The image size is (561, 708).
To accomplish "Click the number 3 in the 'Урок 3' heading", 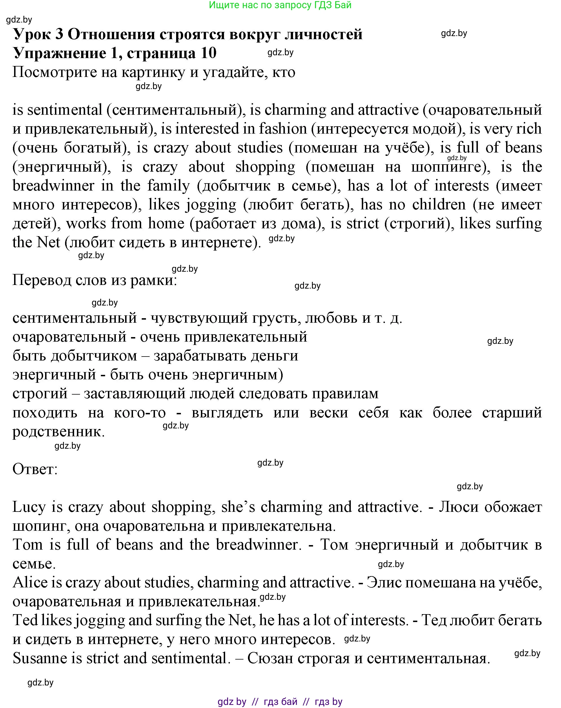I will click(x=59, y=34).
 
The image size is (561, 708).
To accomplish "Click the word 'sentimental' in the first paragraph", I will click(x=65, y=110).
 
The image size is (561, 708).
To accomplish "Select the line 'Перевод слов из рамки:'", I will click(x=95, y=280).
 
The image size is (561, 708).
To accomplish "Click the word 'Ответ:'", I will click(x=35, y=469).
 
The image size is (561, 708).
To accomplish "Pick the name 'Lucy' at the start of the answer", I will click(x=29, y=507).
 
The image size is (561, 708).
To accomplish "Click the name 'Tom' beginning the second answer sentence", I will click(x=28, y=545).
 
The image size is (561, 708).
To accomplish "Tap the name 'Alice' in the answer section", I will click(x=30, y=583).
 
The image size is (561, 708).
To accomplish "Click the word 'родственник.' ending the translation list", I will click(x=58, y=432).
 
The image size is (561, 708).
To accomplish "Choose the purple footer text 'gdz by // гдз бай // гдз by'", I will click(x=280, y=702).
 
